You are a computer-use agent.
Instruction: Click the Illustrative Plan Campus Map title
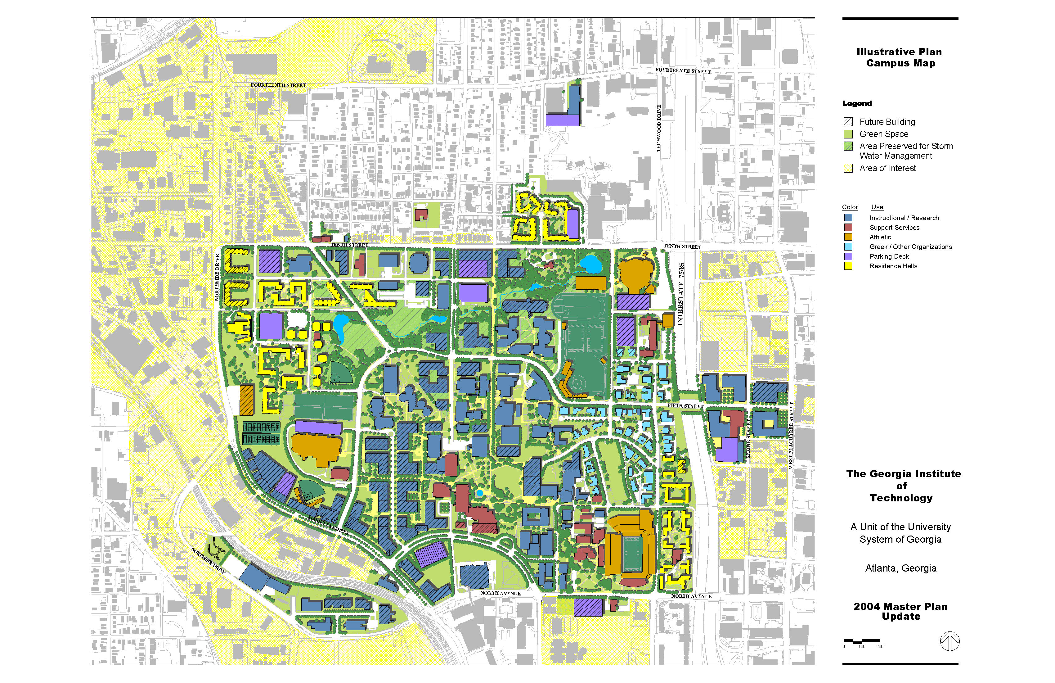900,58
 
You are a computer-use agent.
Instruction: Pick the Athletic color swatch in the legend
848,237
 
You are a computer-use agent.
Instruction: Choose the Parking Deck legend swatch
848,257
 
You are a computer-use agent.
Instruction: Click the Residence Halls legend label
893,266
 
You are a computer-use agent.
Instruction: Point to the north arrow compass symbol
949,641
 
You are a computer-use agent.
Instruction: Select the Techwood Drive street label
659,128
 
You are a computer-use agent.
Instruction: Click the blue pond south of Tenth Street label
590,264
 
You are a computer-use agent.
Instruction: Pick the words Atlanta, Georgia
901,568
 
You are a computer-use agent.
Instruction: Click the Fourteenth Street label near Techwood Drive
683,71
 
